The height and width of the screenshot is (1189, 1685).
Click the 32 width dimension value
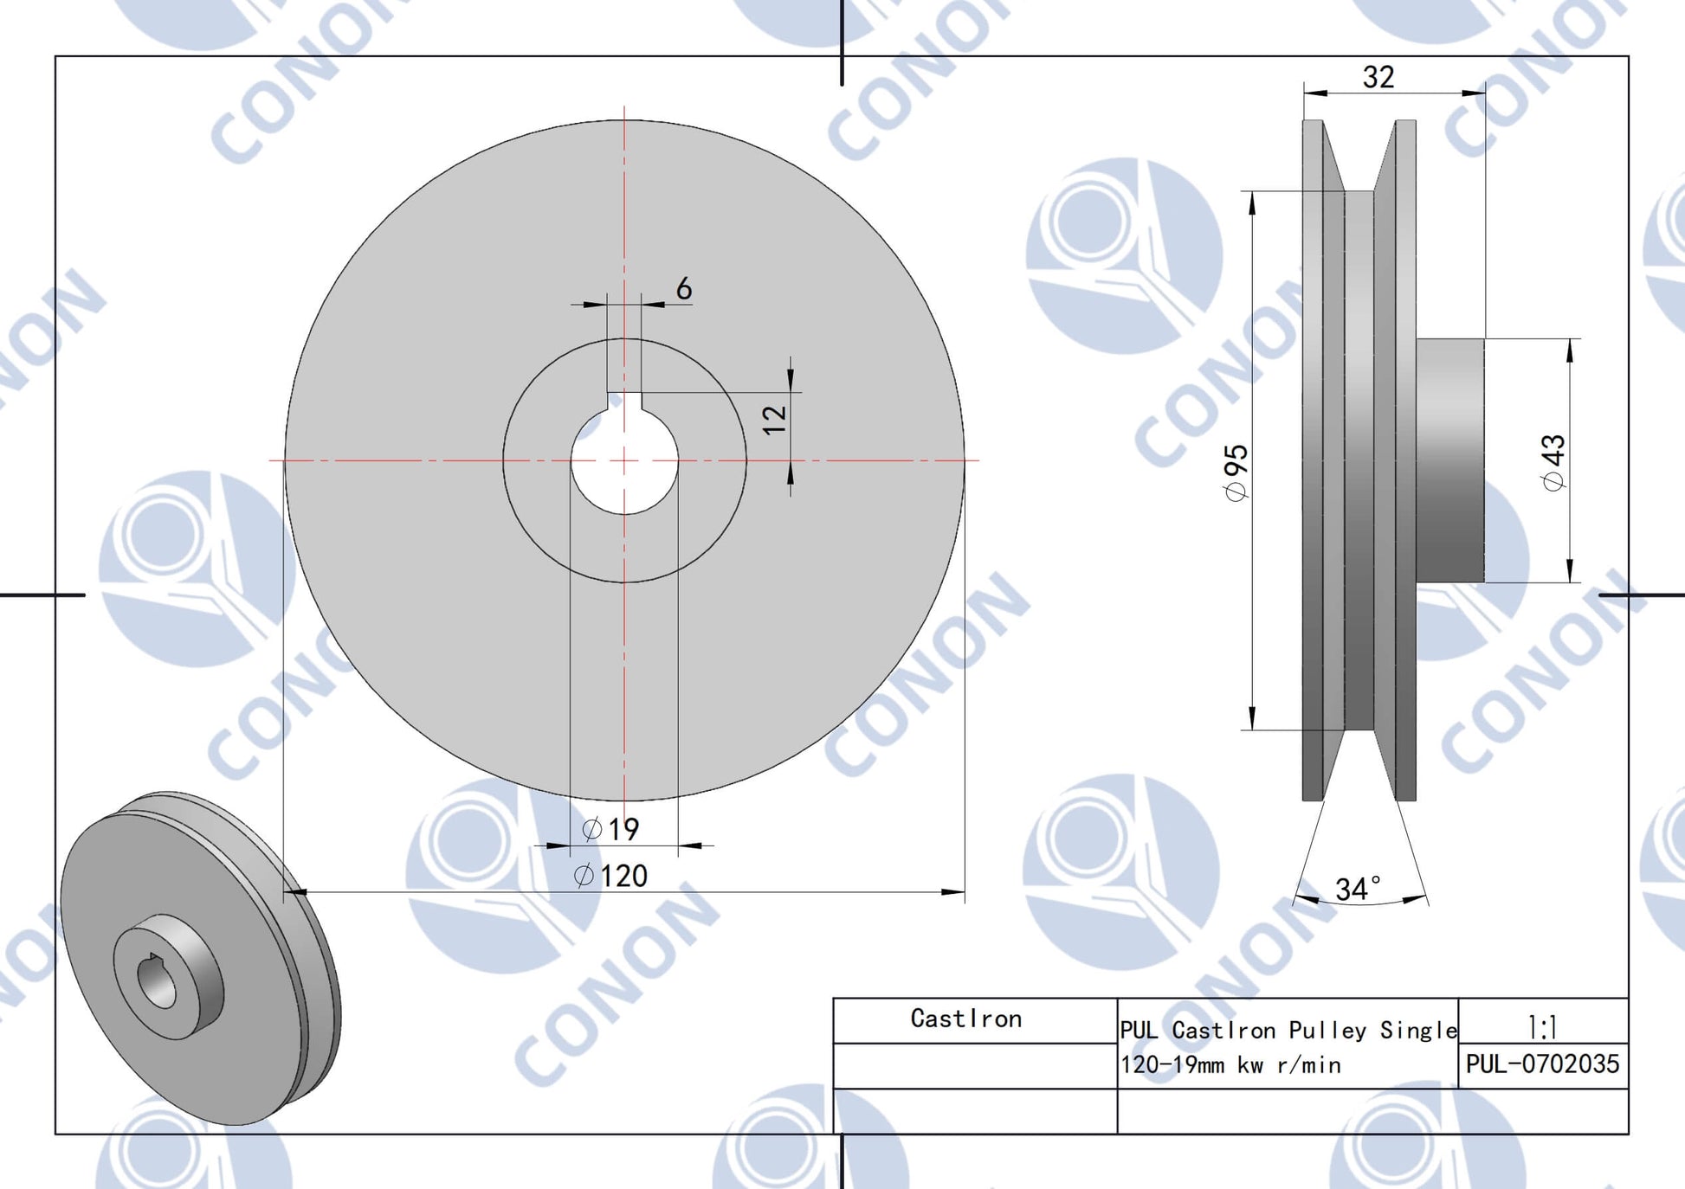pyautogui.click(x=1378, y=77)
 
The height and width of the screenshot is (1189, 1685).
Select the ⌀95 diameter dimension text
pyautogui.click(x=1236, y=472)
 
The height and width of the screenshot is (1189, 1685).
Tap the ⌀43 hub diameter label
pyautogui.click(x=1554, y=462)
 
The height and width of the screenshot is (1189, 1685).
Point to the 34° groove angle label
pyautogui.click(x=1358, y=889)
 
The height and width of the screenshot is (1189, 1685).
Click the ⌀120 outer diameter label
pyautogui.click(x=611, y=876)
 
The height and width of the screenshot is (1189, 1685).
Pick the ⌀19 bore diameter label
pyautogui.click(x=610, y=829)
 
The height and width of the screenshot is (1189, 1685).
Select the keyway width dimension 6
pyautogui.click(x=684, y=288)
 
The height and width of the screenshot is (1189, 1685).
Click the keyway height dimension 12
pyautogui.click(x=774, y=418)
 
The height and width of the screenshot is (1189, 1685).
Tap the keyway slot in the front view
pyautogui.click(x=624, y=401)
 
